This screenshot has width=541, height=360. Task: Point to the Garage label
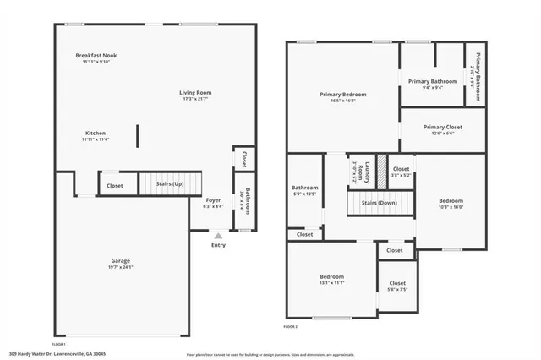(x=120, y=260)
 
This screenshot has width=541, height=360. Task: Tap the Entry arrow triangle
(x=219, y=236)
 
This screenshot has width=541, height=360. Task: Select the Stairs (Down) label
(x=380, y=203)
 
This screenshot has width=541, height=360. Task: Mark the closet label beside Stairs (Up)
(x=115, y=185)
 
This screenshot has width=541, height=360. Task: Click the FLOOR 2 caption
(x=291, y=325)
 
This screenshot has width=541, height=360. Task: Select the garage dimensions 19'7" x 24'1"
(x=120, y=267)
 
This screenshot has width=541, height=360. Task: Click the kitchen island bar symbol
(x=138, y=136)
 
